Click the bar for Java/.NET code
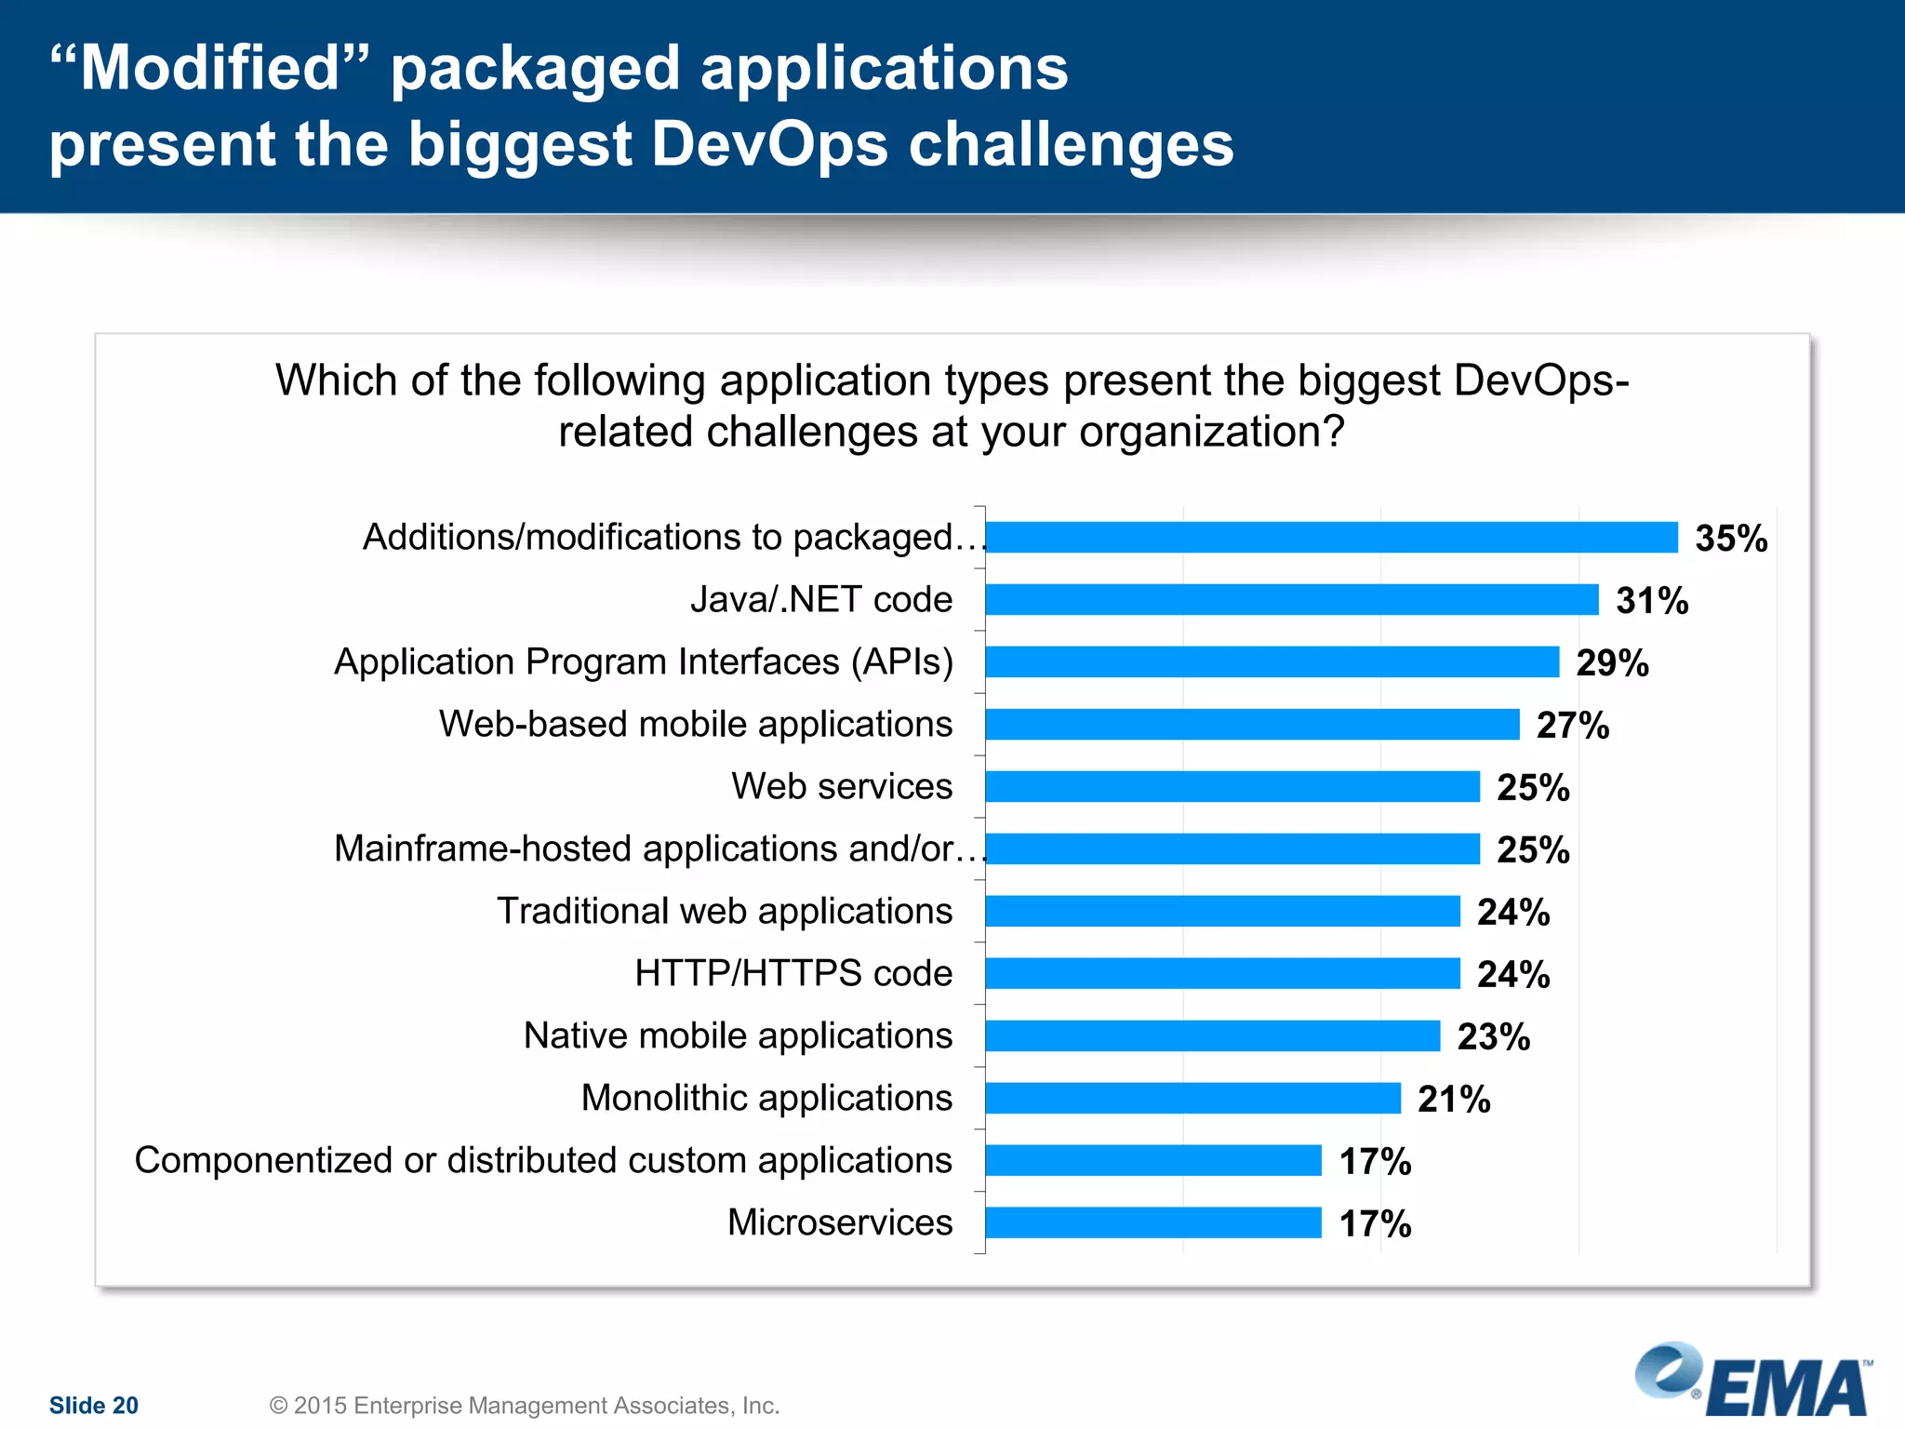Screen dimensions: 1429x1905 (x=1291, y=600)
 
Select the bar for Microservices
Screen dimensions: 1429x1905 (x=1153, y=1222)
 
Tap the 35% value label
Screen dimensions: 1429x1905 (x=1730, y=539)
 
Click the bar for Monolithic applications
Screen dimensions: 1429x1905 (x=1192, y=1098)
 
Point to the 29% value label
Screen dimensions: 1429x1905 (x=1611, y=663)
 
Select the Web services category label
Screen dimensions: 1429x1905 (x=841, y=786)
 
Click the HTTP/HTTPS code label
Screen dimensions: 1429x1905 (x=793, y=973)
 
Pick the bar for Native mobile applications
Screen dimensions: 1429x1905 (x=1212, y=1035)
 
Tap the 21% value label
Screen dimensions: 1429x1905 (x=1453, y=1100)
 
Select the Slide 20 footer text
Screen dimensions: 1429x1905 (x=93, y=1405)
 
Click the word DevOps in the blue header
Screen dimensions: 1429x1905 (x=768, y=145)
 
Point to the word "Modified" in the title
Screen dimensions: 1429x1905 (x=210, y=69)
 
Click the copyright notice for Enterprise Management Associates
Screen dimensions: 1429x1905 (x=524, y=1405)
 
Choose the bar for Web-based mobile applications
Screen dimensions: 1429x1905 (x=1252, y=725)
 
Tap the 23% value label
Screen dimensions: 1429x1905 (x=1493, y=1037)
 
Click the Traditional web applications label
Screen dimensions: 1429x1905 (x=724, y=911)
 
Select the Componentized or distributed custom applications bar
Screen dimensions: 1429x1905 (x=1153, y=1160)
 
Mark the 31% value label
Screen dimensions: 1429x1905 (x=1651, y=601)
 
